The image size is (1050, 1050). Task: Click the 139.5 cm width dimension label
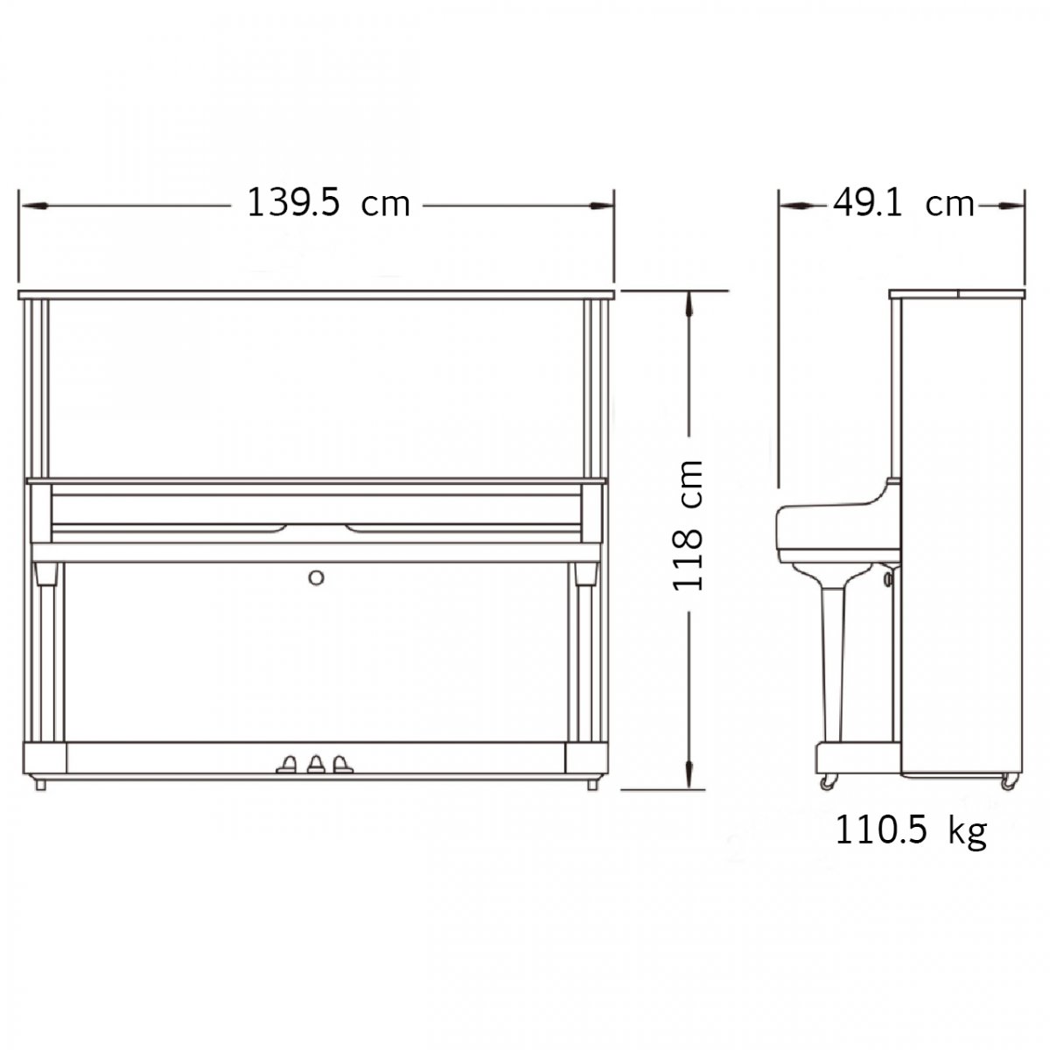pos(328,203)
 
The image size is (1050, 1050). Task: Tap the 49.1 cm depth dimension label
pos(903,204)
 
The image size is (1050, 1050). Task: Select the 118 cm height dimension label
pos(688,524)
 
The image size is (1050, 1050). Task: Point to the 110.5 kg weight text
pos(911,831)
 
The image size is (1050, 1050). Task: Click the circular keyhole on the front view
pos(316,577)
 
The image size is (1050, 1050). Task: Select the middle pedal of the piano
pos(316,764)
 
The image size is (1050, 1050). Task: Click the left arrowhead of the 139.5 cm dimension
pos(35,206)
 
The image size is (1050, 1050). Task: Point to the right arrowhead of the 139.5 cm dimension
pos(601,206)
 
